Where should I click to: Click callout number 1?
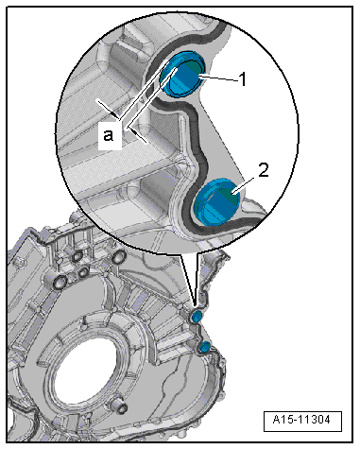tap(243, 79)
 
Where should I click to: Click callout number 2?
tap(264, 170)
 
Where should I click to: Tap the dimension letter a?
tap(109, 136)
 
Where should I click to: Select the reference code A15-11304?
tap(301, 420)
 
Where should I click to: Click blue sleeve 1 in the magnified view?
tap(182, 74)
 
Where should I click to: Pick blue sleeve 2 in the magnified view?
tap(217, 202)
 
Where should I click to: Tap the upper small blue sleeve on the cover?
tap(197, 316)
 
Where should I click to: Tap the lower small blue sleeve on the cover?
tap(205, 346)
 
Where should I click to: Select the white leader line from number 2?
tap(244, 184)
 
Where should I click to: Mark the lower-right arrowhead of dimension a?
tap(134, 132)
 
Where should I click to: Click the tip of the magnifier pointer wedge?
tap(196, 305)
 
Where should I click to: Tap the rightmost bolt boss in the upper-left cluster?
tap(117, 258)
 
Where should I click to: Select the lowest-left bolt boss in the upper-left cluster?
tap(60, 282)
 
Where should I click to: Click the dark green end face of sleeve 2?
tap(228, 195)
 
